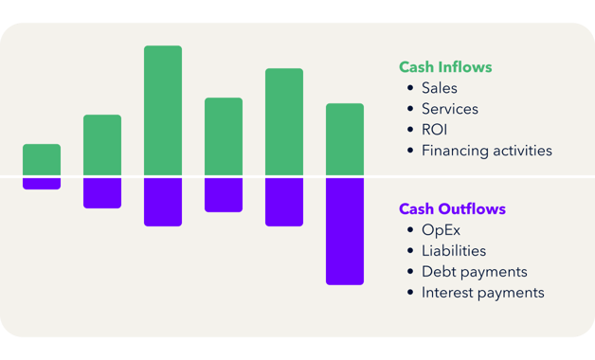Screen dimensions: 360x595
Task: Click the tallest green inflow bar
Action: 163,110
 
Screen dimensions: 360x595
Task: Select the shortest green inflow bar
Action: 42,159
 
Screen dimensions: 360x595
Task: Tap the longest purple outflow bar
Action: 345,231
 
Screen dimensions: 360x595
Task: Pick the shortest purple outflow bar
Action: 42,184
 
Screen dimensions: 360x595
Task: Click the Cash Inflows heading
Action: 445,67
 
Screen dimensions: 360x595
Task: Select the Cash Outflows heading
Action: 452,208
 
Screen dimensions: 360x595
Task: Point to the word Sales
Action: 440,88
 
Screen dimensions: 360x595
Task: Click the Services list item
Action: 450,109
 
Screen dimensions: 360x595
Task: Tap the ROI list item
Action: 435,130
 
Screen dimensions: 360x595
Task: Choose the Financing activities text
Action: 487,151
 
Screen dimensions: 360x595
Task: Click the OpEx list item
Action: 441,230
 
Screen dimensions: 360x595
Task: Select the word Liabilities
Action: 454,251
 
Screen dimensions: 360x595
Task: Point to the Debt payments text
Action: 475,272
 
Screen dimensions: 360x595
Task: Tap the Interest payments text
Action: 483,293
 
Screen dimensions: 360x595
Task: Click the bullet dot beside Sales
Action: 410,88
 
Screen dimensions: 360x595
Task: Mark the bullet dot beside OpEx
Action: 410,230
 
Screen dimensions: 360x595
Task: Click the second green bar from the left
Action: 102,145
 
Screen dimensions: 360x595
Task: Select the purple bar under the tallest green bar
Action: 163,202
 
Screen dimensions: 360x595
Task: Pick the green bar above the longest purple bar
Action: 345,139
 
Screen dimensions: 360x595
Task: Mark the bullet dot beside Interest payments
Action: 410,293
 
